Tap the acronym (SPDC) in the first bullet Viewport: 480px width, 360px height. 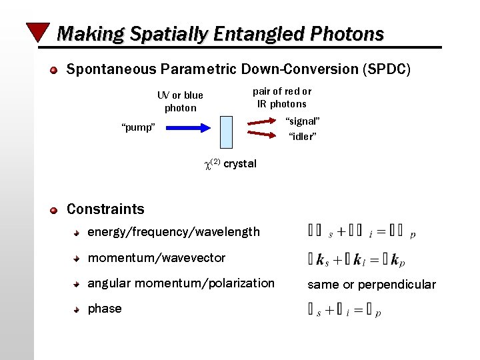click(x=389, y=69)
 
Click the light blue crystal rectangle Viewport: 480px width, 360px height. click(x=227, y=131)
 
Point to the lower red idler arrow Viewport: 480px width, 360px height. click(x=261, y=135)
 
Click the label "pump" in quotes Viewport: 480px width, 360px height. click(x=139, y=127)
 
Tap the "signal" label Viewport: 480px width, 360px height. click(x=303, y=121)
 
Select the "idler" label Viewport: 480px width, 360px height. click(x=302, y=137)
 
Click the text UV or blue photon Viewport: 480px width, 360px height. click(x=180, y=101)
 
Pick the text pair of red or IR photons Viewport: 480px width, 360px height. click(x=282, y=97)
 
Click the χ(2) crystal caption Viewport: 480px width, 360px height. click(x=229, y=164)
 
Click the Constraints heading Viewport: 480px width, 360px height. click(x=105, y=209)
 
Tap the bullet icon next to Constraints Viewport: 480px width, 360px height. click(x=53, y=210)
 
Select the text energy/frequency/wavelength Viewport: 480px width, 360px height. click(x=173, y=232)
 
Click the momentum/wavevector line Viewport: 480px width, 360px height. click(x=157, y=258)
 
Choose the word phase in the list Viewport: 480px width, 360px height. click(x=105, y=309)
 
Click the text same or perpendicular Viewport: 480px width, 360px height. click(x=371, y=285)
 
